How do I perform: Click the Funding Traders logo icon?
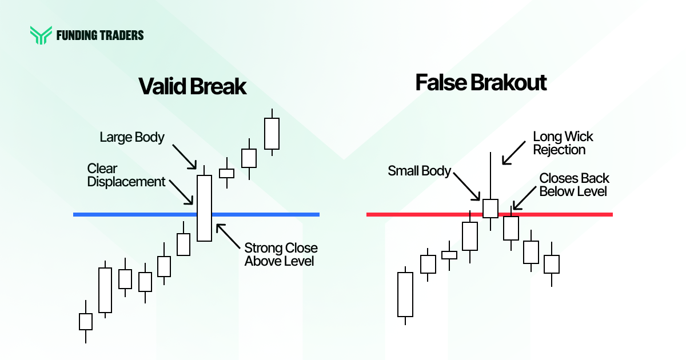(41, 35)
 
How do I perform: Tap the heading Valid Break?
(192, 87)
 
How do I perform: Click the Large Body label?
(132, 137)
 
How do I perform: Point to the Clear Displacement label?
(126, 175)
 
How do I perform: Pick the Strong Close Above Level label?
(281, 255)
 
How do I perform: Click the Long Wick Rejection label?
(563, 143)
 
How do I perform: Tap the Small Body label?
(420, 170)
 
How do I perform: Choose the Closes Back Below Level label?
(574, 185)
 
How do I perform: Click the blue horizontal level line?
(131, 214)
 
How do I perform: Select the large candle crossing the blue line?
(204, 208)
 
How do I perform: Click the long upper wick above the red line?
(490, 174)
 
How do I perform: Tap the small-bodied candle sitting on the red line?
(490, 208)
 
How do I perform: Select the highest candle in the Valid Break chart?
(272, 134)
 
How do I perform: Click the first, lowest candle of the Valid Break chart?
(85, 322)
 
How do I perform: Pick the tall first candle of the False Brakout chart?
(405, 294)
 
